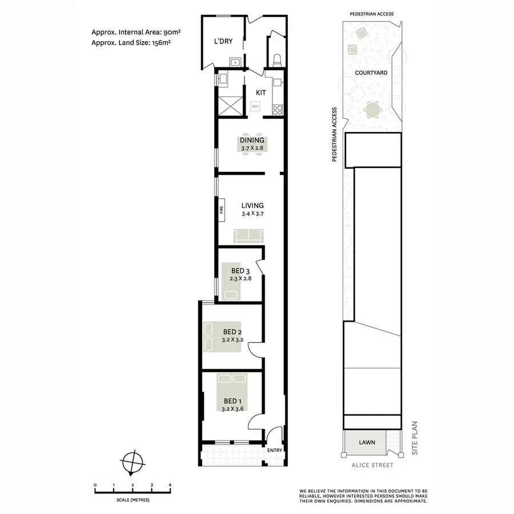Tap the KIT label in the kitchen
coord(261,92)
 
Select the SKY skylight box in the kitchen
coord(255,106)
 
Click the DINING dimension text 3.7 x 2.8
coord(252,148)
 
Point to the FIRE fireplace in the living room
coord(221,210)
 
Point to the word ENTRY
coord(275,451)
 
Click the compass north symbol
coord(132,461)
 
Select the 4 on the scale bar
coord(170,485)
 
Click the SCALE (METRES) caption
coord(132,500)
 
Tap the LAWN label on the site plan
coord(367,442)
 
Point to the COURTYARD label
coord(371,73)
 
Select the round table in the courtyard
coord(372,109)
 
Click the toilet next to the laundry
coord(278,59)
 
